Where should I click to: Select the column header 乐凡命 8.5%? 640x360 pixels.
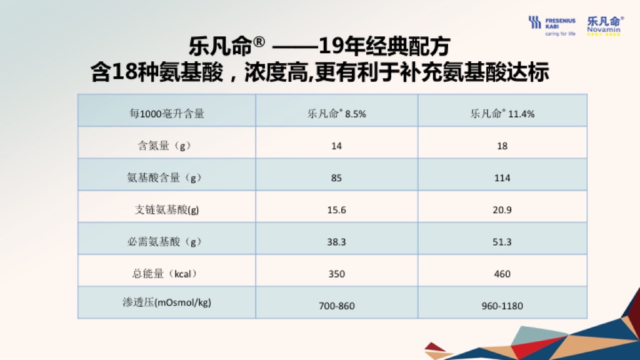click(x=337, y=114)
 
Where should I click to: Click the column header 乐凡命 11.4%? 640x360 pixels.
click(x=502, y=114)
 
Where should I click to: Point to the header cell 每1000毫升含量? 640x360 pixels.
click(x=166, y=114)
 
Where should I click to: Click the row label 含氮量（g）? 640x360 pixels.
click(x=165, y=146)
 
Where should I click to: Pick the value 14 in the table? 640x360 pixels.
click(x=337, y=146)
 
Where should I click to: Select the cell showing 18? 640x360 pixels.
click(x=502, y=146)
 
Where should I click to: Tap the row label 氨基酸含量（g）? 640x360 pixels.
click(x=165, y=177)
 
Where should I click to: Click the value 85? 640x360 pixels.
click(x=336, y=177)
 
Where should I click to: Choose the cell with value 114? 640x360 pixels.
click(x=502, y=177)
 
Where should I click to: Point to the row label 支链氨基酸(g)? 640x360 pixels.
click(x=166, y=210)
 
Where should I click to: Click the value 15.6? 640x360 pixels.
click(x=337, y=210)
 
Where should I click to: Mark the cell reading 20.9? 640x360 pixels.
click(x=502, y=210)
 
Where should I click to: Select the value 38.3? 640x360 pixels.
click(x=337, y=242)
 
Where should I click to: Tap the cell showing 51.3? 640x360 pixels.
click(x=502, y=242)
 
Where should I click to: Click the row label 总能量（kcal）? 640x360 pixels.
click(x=165, y=274)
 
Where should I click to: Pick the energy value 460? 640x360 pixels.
click(x=502, y=274)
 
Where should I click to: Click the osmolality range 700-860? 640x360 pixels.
click(x=337, y=306)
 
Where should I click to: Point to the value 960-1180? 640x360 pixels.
click(x=502, y=306)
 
